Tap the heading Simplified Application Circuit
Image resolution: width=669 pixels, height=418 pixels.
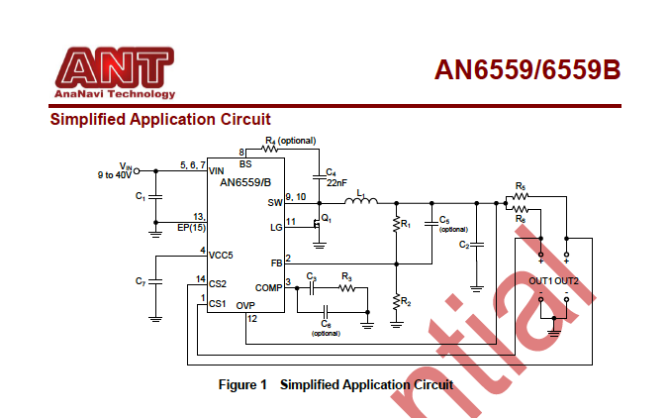pyautogui.click(x=160, y=120)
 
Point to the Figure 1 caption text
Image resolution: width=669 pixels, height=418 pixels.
pyautogui.click(x=335, y=384)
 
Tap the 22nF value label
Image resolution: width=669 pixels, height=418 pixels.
pyautogui.click(x=336, y=182)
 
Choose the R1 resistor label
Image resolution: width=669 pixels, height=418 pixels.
pyautogui.click(x=405, y=226)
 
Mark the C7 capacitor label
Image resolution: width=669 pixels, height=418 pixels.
pyautogui.click(x=140, y=281)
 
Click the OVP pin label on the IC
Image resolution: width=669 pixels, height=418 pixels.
pyautogui.click(x=245, y=306)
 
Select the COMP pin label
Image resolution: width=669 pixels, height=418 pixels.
pyautogui.click(x=269, y=286)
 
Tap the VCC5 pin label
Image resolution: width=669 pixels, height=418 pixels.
pyautogui.click(x=221, y=255)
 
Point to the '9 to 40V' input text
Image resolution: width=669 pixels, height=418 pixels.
pyautogui.click(x=114, y=174)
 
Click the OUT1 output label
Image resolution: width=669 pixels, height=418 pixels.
pyautogui.click(x=540, y=281)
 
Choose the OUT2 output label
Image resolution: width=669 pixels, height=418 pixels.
pyautogui.click(x=567, y=281)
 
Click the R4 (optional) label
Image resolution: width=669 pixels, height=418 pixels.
pyautogui.click(x=290, y=141)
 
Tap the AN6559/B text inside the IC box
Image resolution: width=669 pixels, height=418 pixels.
pyautogui.click(x=241, y=182)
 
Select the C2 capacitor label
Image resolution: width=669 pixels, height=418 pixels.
pyautogui.click(x=464, y=245)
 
